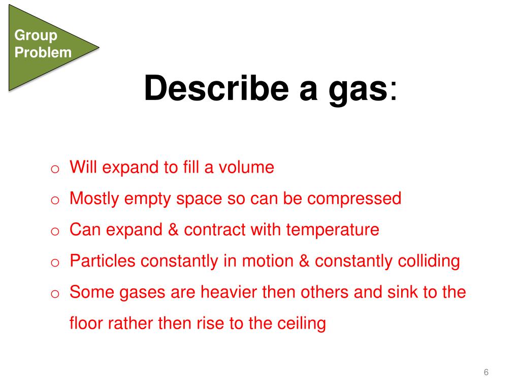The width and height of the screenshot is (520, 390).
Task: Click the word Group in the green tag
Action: (36, 36)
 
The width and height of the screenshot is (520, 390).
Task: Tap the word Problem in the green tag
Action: (43, 52)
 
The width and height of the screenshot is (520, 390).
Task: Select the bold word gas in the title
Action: (360, 89)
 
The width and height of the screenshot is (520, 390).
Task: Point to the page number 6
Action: (486, 373)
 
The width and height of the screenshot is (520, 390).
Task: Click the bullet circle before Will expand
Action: (56, 169)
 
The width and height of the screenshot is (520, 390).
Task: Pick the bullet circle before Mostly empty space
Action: (56, 200)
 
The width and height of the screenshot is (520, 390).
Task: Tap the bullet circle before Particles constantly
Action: (56, 263)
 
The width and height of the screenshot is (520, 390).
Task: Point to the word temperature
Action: (333, 230)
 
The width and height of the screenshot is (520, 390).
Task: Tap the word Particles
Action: (103, 261)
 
